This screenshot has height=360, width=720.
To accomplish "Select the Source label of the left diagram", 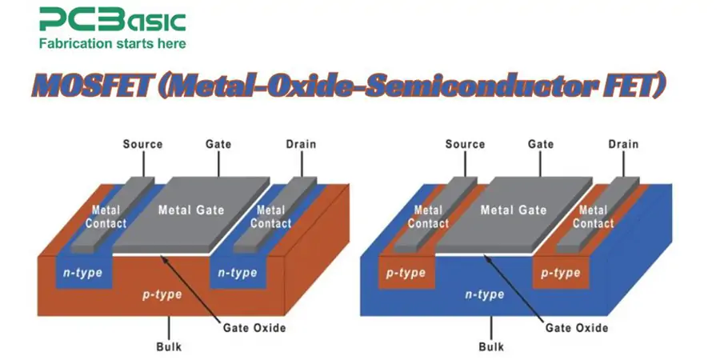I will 142,145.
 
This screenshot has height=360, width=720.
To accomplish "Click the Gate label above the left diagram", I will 218,145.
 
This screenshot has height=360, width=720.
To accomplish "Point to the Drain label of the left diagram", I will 301,145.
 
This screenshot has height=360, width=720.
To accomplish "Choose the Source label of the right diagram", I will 465,145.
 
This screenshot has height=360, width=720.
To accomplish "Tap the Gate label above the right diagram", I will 542,145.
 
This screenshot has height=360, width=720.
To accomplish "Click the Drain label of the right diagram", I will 623,145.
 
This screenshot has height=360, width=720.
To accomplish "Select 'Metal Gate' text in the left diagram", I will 191,210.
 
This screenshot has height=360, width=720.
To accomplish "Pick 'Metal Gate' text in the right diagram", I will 514,210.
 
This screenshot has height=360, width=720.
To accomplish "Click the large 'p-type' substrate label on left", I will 162,294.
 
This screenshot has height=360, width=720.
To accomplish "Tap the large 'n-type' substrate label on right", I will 485,294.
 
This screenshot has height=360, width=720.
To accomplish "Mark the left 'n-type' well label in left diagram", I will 82,273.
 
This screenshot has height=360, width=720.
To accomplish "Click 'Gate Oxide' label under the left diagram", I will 254,328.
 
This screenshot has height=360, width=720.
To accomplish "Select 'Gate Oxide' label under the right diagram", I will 577,328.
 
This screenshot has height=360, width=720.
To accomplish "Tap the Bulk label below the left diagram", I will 170,347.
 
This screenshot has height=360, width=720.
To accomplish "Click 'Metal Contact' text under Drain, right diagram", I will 593,217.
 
